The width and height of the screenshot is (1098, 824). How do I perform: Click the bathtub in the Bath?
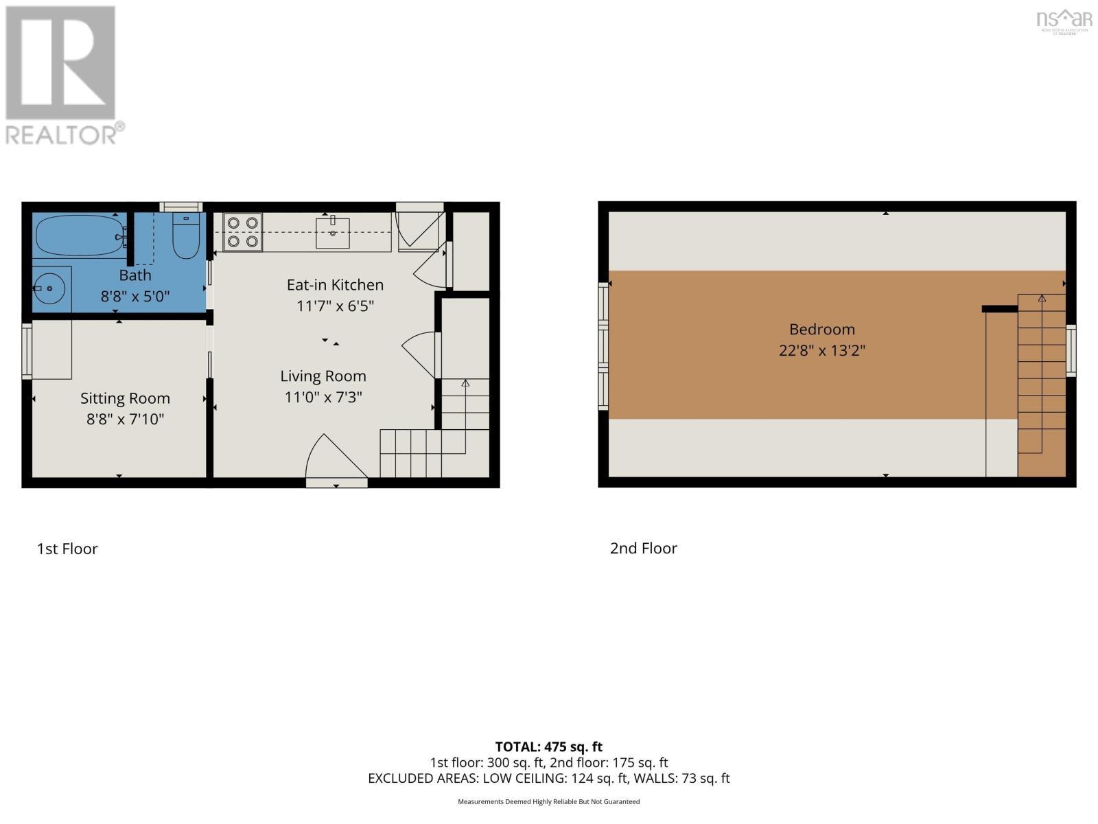pyautogui.click(x=79, y=235)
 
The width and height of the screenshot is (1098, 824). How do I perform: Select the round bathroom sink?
pyautogui.click(x=49, y=288)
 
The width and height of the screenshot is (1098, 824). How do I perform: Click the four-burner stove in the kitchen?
pyautogui.click(x=242, y=232)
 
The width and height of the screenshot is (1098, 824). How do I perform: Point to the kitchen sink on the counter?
pyautogui.click(x=333, y=232)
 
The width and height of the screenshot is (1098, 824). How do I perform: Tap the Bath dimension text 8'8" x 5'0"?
pyautogui.click(x=135, y=297)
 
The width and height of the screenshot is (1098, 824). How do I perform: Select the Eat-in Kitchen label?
pyautogui.click(x=335, y=284)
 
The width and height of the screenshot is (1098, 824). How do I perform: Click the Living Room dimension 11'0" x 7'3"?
pyautogui.click(x=323, y=397)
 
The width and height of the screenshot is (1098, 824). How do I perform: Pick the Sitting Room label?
pyautogui.click(x=125, y=398)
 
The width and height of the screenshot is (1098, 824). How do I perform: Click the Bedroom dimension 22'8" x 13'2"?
pyautogui.click(x=821, y=350)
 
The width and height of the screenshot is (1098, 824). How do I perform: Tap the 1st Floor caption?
pyautogui.click(x=67, y=549)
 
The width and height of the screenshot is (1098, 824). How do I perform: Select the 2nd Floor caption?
pyautogui.click(x=643, y=548)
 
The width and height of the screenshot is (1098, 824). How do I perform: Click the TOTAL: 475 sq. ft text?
pyautogui.click(x=548, y=746)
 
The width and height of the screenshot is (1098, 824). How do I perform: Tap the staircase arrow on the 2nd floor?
pyautogui.click(x=1042, y=299)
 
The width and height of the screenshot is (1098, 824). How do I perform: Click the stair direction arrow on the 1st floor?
pyautogui.click(x=465, y=383)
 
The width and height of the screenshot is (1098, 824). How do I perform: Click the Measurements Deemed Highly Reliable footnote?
pyautogui.click(x=548, y=801)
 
